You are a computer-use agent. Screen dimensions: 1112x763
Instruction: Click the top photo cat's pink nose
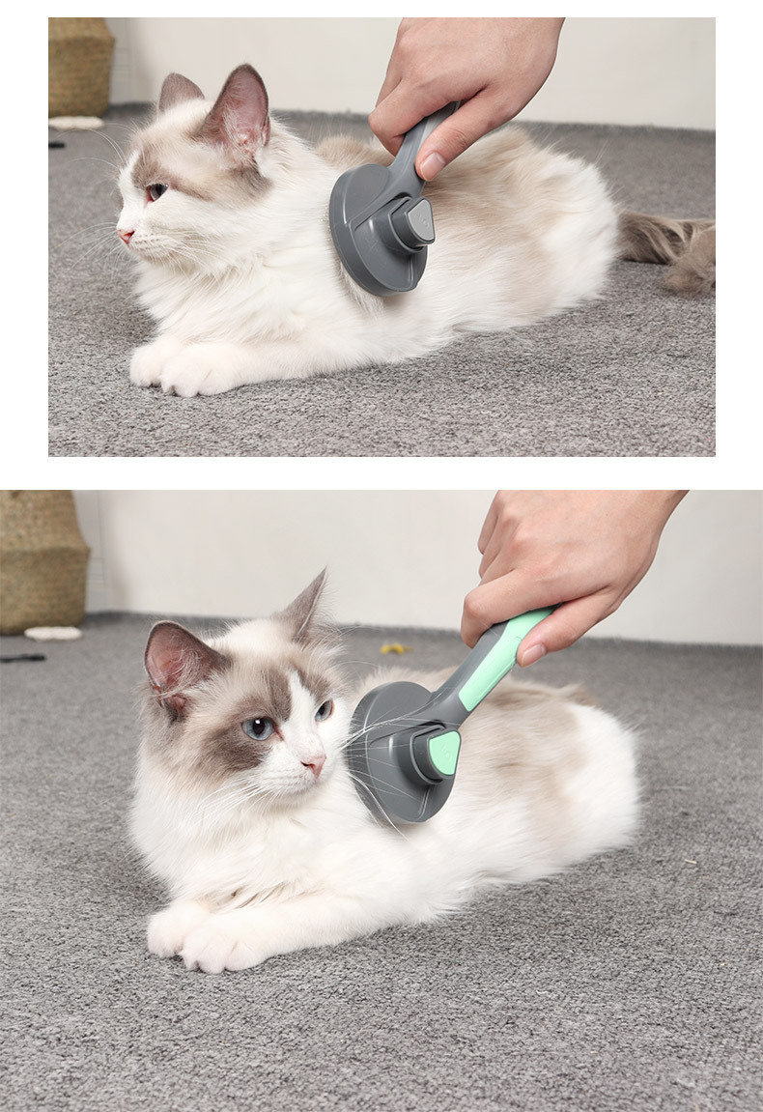(x=125, y=234)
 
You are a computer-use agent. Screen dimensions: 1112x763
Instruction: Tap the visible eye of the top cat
(x=153, y=190)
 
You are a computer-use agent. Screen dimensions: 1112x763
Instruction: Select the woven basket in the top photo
(x=80, y=68)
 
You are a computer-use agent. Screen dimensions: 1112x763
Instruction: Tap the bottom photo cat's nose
(x=314, y=766)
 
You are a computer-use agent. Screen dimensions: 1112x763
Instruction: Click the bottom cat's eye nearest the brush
(x=323, y=710)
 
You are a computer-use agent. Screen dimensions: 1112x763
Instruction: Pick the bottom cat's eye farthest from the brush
(x=258, y=727)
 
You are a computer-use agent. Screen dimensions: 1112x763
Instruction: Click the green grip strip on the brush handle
(x=497, y=657)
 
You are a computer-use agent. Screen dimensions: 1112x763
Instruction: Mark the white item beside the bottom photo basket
(x=53, y=633)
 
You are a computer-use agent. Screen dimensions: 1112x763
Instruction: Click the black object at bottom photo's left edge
(x=21, y=658)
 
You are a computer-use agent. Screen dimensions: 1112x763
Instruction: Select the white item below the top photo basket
(x=75, y=123)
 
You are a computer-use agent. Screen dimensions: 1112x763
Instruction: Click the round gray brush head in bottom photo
(x=391, y=754)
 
